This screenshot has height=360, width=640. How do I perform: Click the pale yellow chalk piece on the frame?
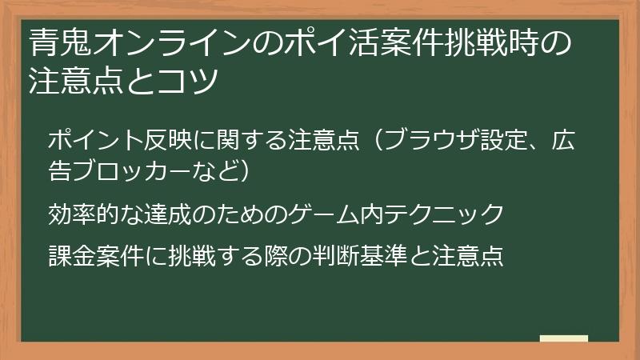click(x=563, y=338)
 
